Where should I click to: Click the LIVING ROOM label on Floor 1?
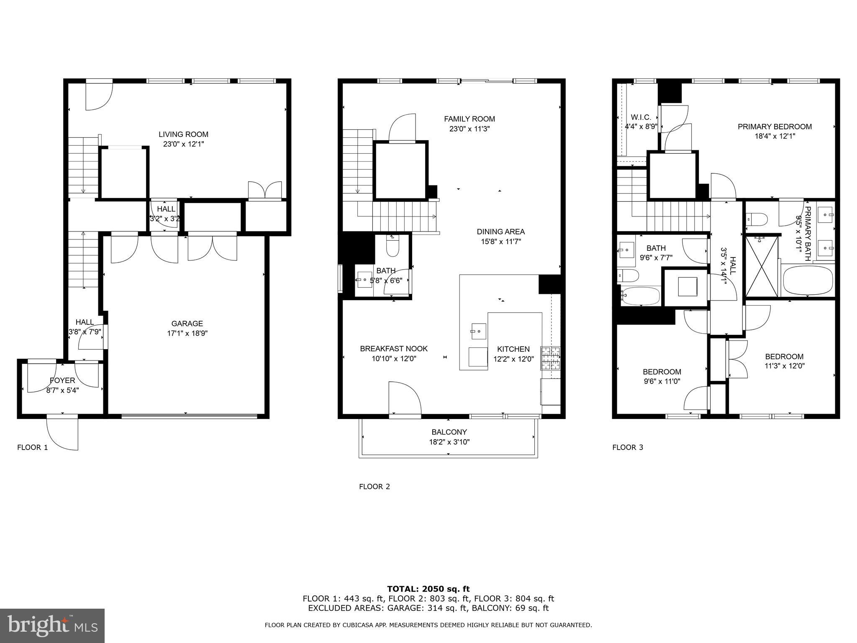pos(183,134)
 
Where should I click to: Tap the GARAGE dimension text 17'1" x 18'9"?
pos(187,334)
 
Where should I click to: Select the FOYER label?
pos(62,381)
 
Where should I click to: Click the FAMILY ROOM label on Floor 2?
pos(469,119)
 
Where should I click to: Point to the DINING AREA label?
pos(500,231)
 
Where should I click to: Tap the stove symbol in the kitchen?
pos(550,358)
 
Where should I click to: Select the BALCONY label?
pos(449,432)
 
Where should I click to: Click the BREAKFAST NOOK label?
pos(393,349)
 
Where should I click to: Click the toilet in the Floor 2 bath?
pos(393,247)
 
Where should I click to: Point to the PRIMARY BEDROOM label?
pos(774,126)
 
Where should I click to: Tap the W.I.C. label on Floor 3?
pos(641,117)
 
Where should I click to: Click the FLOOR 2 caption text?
pos(374,486)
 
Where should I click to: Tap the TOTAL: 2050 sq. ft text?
pos(428,589)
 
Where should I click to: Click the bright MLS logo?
pos(52,625)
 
